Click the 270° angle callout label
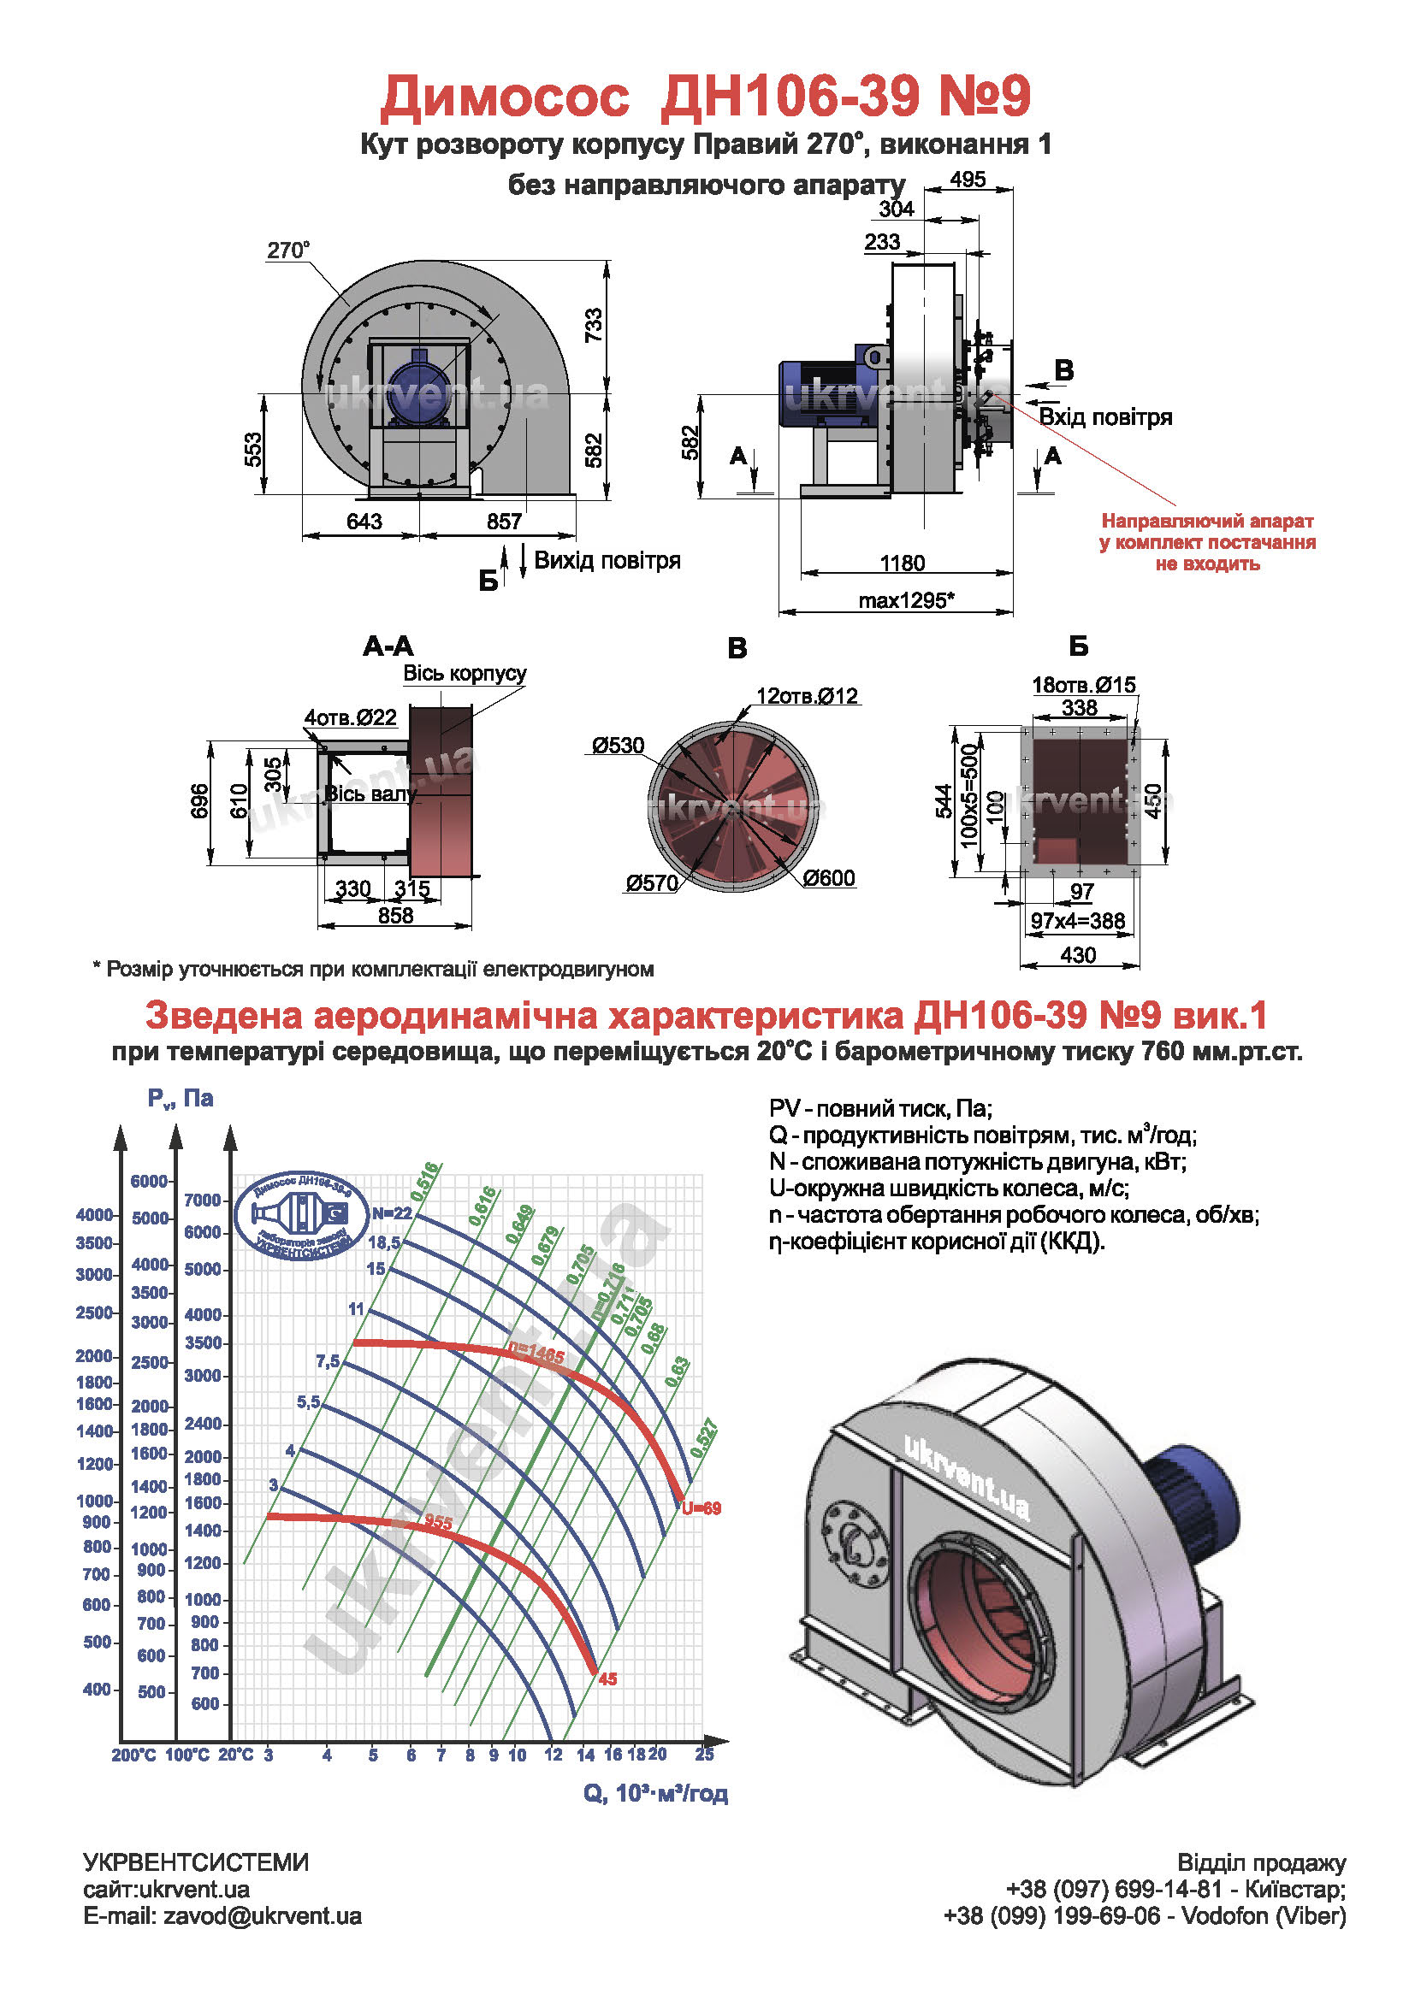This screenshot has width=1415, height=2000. (x=287, y=251)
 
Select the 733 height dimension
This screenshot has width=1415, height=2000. (x=594, y=326)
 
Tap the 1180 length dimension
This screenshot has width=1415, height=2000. (x=902, y=563)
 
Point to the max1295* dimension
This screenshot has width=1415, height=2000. (x=906, y=601)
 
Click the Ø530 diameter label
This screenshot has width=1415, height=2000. (x=618, y=746)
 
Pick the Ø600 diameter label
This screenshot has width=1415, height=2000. (x=829, y=878)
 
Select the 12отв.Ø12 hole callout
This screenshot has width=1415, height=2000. (x=807, y=696)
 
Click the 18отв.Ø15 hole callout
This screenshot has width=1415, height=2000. (x=1084, y=685)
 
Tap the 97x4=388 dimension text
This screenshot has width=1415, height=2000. (x=1078, y=921)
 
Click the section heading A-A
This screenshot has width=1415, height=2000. (x=388, y=646)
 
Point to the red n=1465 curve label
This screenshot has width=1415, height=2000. (x=536, y=1354)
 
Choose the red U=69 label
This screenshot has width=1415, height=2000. (x=702, y=1508)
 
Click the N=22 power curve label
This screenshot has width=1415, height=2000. (x=391, y=1213)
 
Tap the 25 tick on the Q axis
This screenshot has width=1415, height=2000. (x=704, y=1755)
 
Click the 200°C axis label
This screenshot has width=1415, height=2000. (x=133, y=1755)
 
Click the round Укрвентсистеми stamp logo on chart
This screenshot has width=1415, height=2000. (x=309, y=1215)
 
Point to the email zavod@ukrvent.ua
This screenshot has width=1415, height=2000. (x=222, y=1916)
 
